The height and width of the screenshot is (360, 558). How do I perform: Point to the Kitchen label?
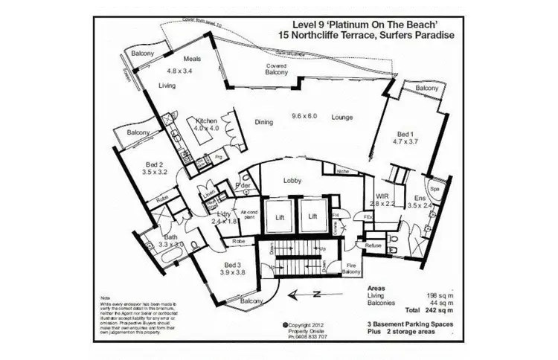point(206,121)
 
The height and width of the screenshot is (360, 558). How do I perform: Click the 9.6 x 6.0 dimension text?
point(304,116)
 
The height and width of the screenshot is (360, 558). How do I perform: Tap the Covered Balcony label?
point(277,69)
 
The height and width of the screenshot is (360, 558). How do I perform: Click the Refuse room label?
point(374,245)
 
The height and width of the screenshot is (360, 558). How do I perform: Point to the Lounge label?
point(342,117)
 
